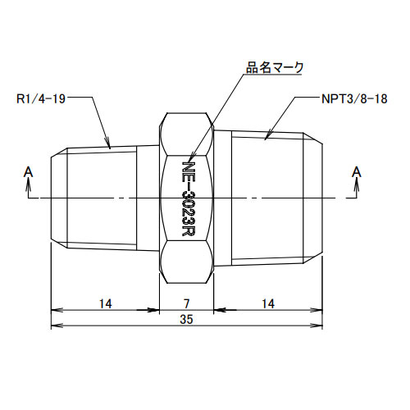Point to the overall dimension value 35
click(x=187, y=321)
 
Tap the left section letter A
click(x=29, y=171)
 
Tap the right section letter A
click(x=356, y=171)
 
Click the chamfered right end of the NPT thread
click(x=316, y=198)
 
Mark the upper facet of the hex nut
click(x=187, y=131)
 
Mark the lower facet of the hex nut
click(x=187, y=262)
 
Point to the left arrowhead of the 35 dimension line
click(x=54, y=327)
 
